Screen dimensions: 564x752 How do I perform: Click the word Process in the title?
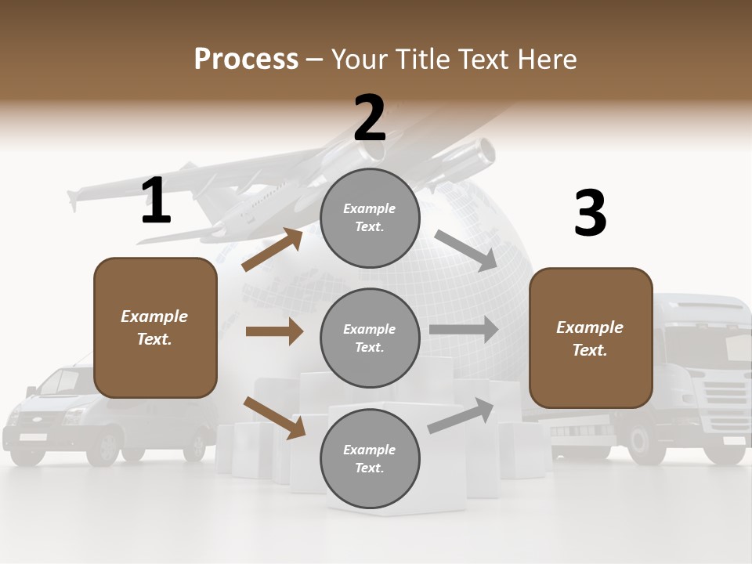tap(246, 60)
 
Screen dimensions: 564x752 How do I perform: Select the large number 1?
tap(156, 201)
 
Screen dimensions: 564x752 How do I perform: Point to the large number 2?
tap(370, 118)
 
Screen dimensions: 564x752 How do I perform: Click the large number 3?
tap(590, 214)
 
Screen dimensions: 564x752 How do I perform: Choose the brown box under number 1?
tap(155, 327)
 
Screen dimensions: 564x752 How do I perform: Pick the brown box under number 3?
tap(591, 338)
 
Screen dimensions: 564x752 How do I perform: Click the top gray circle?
tap(370, 218)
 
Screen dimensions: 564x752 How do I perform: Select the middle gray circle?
tap(370, 338)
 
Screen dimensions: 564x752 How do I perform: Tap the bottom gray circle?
tap(370, 459)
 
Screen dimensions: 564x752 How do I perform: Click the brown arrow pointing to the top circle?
tap(273, 249)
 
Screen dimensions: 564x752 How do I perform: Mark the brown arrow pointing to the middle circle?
tap(274, 331)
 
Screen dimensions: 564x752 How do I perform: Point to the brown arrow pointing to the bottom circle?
tap(274, 418)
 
